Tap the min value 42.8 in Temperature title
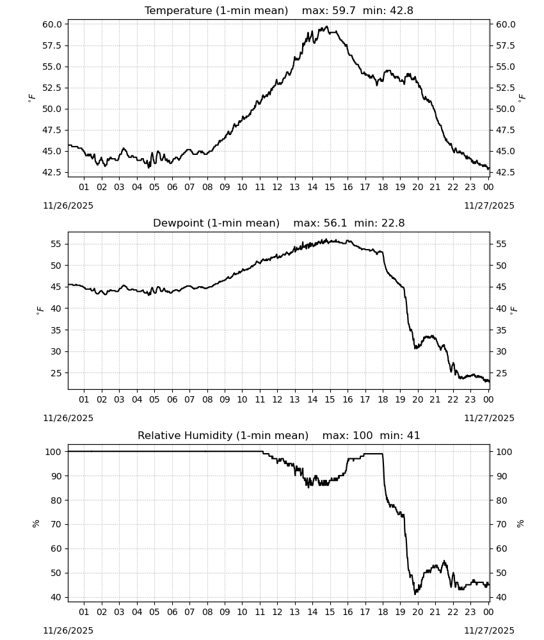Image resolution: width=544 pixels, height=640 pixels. pyautogui.click(x=401, y=11)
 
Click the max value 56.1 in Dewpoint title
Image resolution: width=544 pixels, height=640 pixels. pyautogui.click(x=335, y=223)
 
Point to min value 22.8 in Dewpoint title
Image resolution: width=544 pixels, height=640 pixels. pyautogui.click(x=393, y=223)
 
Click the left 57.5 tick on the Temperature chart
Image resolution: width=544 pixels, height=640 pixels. pyautogui.click(x=52, y=45)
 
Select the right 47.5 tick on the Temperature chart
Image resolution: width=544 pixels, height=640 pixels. pyautogui.click(x=505, y=130)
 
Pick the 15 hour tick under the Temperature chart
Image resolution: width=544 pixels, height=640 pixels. pyautogui.click(x=330, y=187)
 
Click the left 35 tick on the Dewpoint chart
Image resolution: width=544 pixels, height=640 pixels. pyautogui.click(x=56, y=330)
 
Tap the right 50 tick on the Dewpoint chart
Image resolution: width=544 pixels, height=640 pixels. pyautogui.click(x=500, y=266)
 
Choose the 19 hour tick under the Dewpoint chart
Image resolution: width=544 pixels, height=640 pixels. pyautogui.click(x=400, y=399)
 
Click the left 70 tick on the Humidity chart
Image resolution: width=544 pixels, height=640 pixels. pyautogui.click(x=56, y=525)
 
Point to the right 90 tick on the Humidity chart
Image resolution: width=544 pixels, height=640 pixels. pyautogui.click(x=500, y=476)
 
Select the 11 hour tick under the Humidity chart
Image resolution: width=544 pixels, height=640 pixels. pyautogui.click(x=260, y=612)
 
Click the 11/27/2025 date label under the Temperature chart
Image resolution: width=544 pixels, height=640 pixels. pyautogui.click(x=490, y=205)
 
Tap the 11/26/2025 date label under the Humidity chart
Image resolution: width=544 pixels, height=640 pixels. pyautogui.click(x=68, y=631)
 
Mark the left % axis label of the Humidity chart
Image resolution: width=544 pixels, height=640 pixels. pyautogui.click(x=36, y=524)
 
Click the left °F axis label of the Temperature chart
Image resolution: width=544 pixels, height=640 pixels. pyautogui.click(x=32, y=98)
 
